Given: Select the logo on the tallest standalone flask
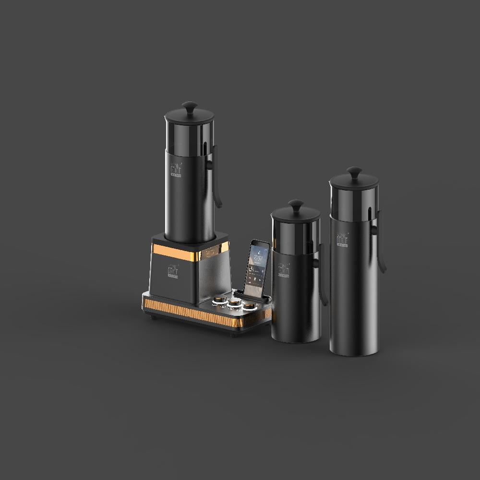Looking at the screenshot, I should (342, 239).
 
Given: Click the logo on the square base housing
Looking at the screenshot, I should (172, 271).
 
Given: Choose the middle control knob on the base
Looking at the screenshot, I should (234, 303).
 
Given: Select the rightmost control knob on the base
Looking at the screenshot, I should (249, 306).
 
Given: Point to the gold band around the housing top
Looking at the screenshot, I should (190, 251).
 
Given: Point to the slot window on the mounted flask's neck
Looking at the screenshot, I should (206, 147).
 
